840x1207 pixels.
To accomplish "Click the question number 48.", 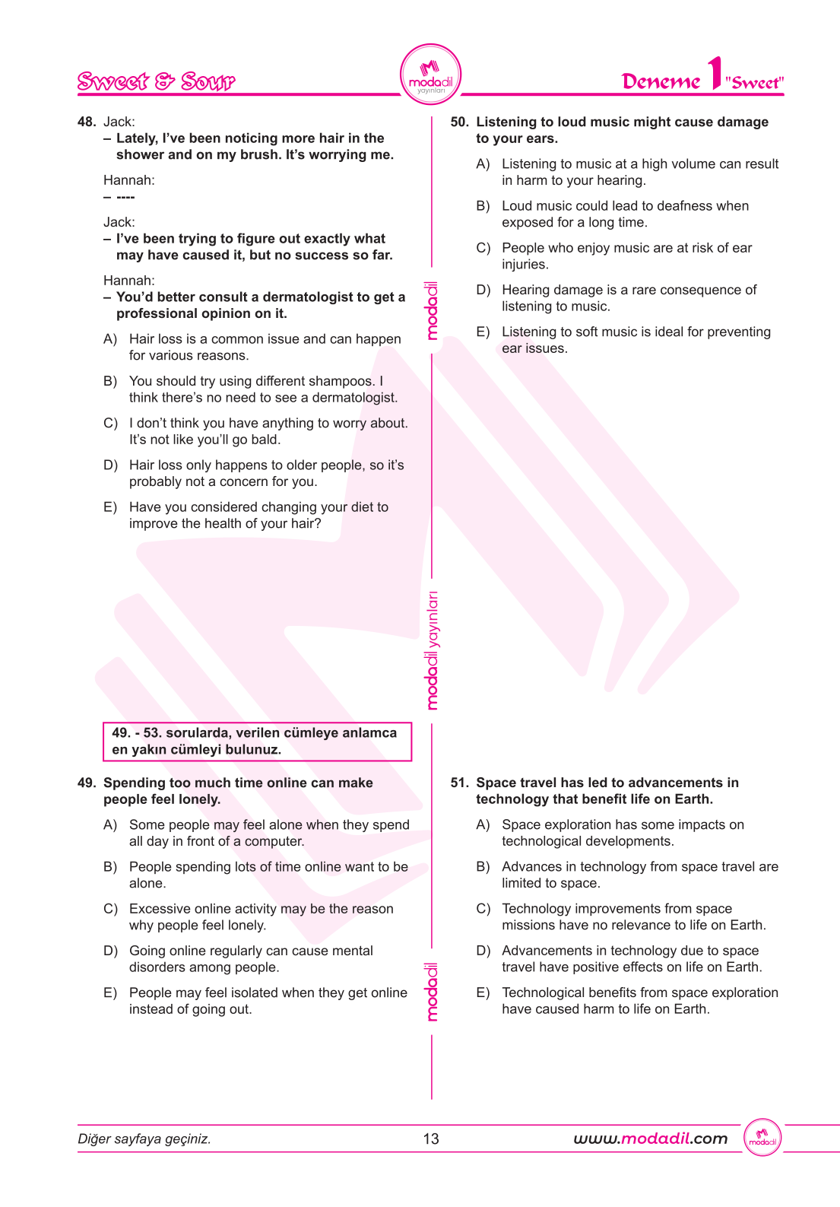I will [x=86, y=122].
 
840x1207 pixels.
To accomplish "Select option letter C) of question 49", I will [x=110, y=909].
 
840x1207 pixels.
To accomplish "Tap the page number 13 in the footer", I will [x=431, y=1139].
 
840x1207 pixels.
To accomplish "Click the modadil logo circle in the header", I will [x=430, y=75].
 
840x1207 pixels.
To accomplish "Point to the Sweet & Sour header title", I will [x=156, y=81].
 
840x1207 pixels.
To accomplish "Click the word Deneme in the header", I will [x=661, y=81].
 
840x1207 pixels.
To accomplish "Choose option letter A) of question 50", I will [x=483, y=164].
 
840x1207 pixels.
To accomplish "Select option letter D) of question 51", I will [x=483, y=951].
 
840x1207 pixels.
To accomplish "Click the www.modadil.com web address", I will [x=650, y=1139].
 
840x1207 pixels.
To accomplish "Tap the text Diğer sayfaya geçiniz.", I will [x=144, y=1139].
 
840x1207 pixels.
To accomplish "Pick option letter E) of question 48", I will [x=110, y=507].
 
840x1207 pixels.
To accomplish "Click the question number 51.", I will [x=459, y=783].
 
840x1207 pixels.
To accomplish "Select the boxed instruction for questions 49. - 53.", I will [x=257, y=742].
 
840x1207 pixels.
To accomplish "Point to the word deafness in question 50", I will [x=668, y=206].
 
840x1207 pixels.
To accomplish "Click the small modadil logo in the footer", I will [x=762, y=1139].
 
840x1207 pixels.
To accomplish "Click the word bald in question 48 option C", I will [x=266, y=440].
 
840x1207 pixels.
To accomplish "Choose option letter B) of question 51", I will [x=483, y=867].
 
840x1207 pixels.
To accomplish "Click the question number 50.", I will [x=459, y=122].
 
